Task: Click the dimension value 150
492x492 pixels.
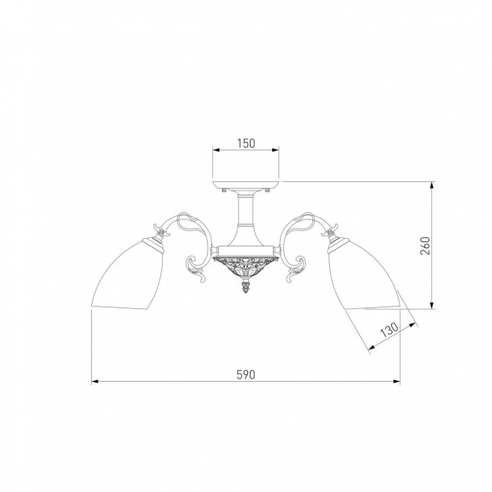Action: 246,144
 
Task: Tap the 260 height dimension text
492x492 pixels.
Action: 425,246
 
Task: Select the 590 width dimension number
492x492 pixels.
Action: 246,374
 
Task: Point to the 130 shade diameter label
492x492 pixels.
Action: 389,329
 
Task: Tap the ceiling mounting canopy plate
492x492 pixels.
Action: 246,185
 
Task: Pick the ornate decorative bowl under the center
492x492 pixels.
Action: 246,265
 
